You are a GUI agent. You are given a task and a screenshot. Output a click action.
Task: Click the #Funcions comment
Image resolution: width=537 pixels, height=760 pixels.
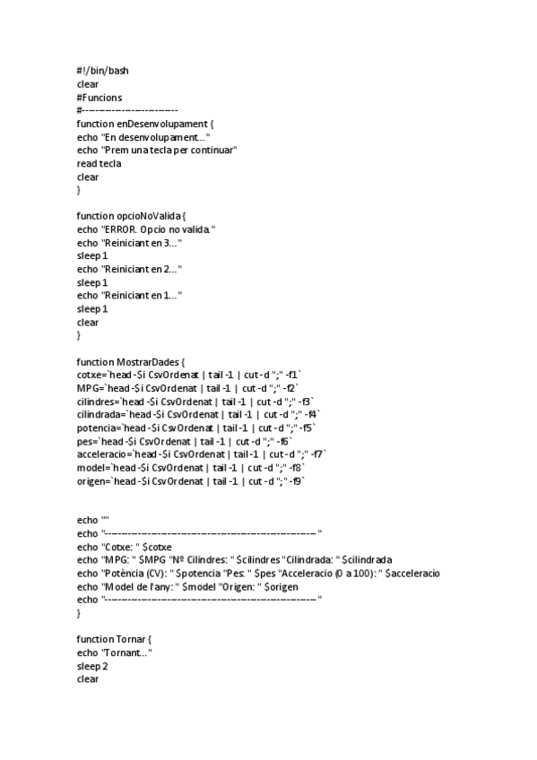[100, 96]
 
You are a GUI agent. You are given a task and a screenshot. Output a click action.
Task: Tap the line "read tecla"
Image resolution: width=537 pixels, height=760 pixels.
[99, 164]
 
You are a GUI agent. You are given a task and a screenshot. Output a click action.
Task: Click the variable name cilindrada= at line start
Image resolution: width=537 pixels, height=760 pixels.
[100, 415]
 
